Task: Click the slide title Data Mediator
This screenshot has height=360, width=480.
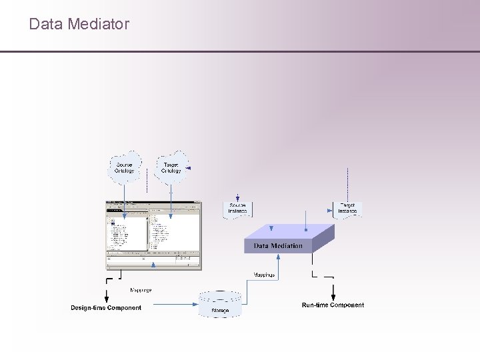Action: click(79, 25)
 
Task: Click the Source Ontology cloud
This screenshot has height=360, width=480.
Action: click(125, 167)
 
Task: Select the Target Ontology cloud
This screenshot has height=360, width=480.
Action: click(171, 167)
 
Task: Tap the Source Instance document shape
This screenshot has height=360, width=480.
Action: click(237, 209)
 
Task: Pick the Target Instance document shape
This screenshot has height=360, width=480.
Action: click(347, 209)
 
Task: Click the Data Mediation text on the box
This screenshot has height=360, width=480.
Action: click(278, 246)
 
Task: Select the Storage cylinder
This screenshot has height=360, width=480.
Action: click(220, 305)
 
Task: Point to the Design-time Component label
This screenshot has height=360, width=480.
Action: click(106, 307)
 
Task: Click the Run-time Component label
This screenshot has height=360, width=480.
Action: click(333, 305)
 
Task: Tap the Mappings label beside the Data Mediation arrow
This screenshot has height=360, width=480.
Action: click(264, 274)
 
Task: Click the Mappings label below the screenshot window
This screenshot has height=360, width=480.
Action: click(140, 290)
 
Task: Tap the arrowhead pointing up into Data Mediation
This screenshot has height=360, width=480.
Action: click(279, 258)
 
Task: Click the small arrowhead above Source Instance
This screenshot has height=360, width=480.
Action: click(237, 198)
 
